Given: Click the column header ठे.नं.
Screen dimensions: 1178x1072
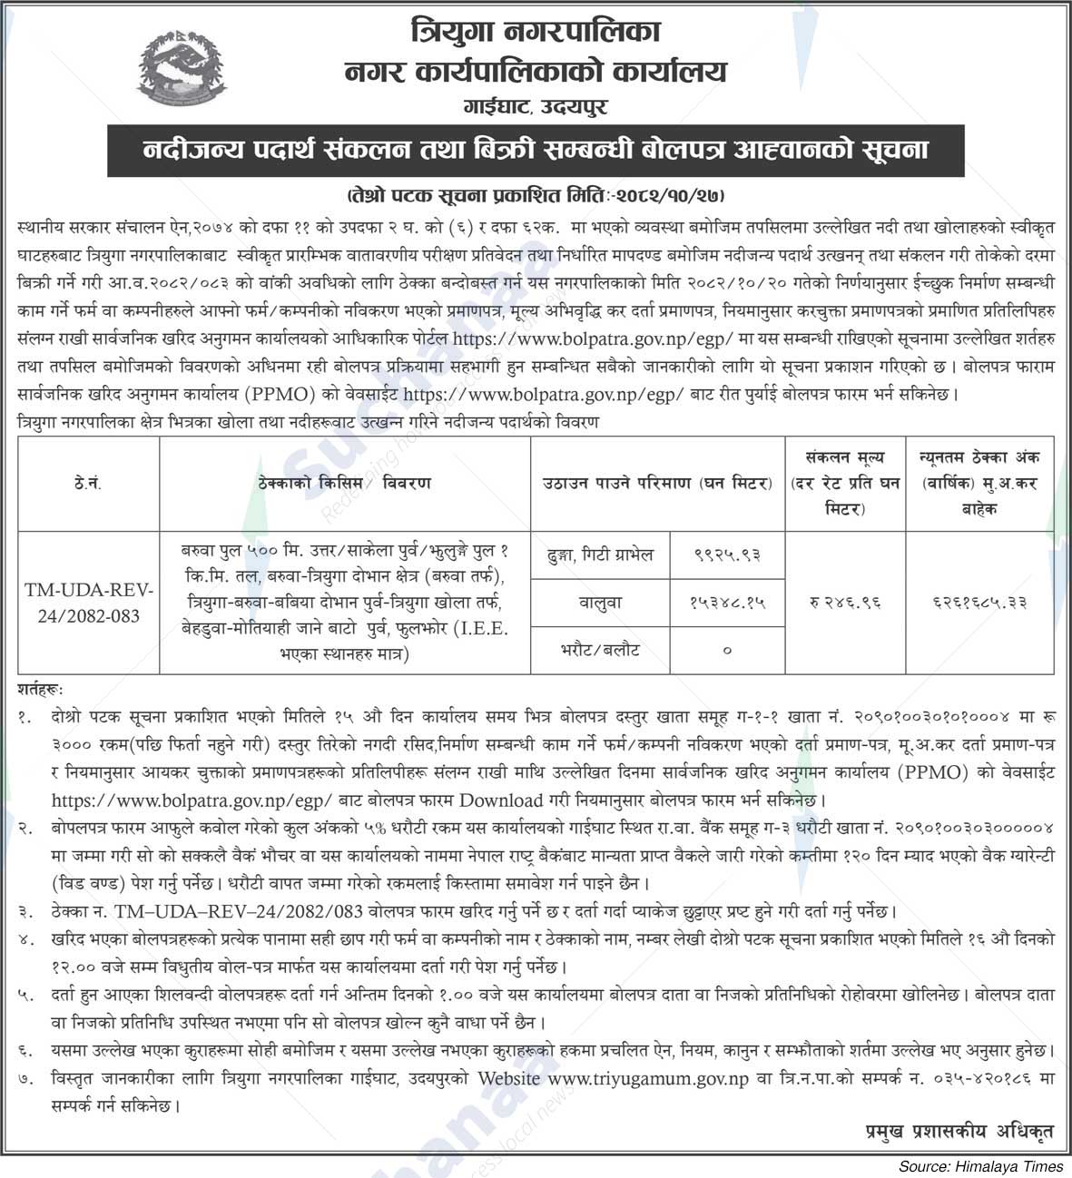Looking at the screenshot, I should tap(88, 483).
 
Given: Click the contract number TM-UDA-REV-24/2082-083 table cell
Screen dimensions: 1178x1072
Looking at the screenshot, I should tap(88, 603).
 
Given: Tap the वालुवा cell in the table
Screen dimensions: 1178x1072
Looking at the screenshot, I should tap(601, 601).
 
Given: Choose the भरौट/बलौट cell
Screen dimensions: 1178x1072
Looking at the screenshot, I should tap(601, 650).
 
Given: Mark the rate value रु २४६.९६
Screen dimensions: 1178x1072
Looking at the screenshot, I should tap(844, 601).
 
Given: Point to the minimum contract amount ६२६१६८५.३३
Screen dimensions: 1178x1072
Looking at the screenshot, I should tap(979, 601).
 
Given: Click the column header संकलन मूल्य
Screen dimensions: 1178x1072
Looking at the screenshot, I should tap(844, 457).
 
